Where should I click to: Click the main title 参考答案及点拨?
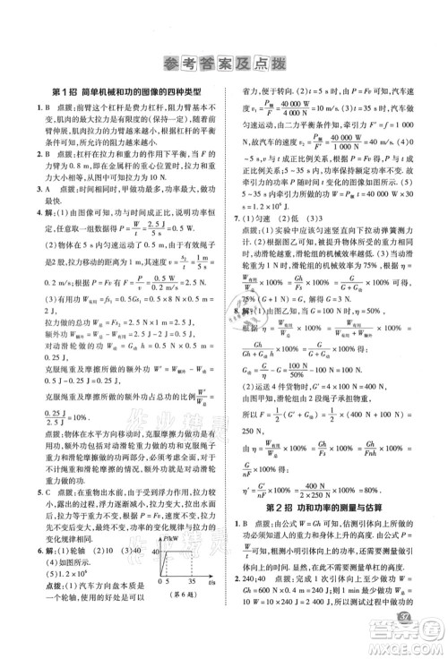click(x=223, y=62)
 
